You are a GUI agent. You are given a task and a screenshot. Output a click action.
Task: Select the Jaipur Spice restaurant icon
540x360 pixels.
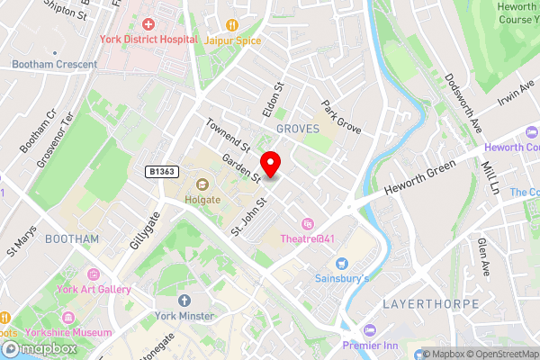[x=232, y=25]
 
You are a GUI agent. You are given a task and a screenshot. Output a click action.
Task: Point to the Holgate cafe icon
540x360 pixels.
[x=202, y=184]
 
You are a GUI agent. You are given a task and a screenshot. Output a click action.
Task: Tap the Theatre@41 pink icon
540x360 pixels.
[x=307, y=224]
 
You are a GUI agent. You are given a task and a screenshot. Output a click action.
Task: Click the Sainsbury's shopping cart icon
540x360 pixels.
[x=341, y=263]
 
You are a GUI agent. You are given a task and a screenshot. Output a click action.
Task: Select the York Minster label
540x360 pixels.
[x=184, y=316]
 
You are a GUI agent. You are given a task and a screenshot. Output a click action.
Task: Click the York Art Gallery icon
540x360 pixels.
[x=93, y=274]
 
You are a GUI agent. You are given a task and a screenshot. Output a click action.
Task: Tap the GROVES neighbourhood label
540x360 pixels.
[x=298, y=130]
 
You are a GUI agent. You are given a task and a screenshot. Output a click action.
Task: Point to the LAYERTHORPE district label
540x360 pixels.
[x=430, y=304]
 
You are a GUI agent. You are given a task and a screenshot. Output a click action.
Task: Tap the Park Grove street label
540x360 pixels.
[x=341, y=116]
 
